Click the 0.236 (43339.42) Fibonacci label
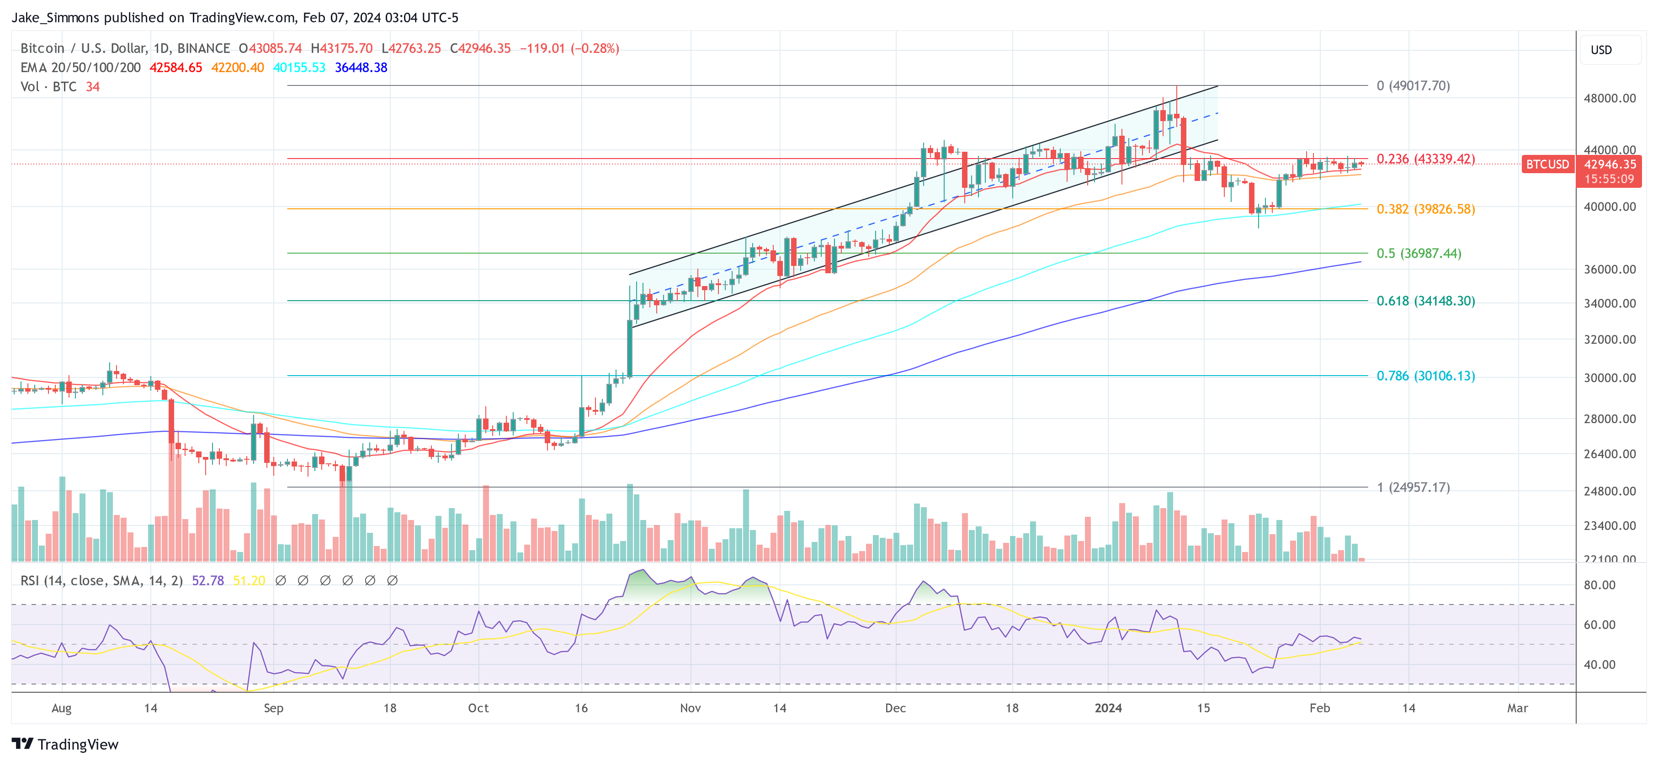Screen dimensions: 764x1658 (1425, 159)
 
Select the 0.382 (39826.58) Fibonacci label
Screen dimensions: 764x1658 (1425, 209)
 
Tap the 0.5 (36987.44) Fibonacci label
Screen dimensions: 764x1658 (1419, 254)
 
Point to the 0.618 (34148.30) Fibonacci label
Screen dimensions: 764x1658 (1425, 301)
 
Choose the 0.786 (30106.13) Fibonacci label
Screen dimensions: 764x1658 (1425, 376)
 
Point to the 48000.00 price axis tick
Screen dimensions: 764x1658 (1609, 99)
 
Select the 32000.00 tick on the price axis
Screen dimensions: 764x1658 (1609, 340)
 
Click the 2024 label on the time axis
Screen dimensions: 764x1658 (1108, 708)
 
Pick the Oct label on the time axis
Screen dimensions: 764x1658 (478, 708)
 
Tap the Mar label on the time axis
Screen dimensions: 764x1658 (1517, 708)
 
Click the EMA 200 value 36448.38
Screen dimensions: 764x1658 (361, 68)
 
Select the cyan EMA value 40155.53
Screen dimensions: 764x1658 (299, 68)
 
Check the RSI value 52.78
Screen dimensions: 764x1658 (208, 581)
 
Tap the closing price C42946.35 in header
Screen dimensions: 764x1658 (480, 48)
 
